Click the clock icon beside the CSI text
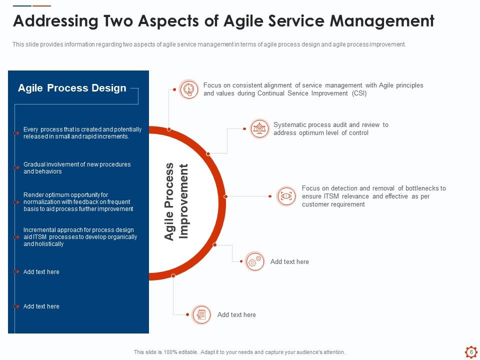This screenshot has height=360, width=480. [x=188, y=89]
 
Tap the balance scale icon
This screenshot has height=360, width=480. [x=259, y=128]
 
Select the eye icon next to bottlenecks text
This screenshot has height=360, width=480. [x=286, y=196]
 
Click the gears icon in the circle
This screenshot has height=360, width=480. [x=254, y=261]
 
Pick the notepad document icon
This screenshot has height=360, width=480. [x=201, y=314]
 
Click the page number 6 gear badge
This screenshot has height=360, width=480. [x=471, y=352]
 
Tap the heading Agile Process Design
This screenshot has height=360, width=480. [x=72, y=88]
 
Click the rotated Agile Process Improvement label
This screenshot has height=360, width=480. [x=176, y=201]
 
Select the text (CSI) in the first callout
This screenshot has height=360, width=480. [x=359, y=93]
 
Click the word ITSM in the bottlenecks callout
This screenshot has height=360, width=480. [x=331, y=196]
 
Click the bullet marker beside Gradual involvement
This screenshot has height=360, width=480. [x=16, y=168]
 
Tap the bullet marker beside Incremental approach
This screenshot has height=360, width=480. [x=16, y=237]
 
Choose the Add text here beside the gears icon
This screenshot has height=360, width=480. [x=289, y=261]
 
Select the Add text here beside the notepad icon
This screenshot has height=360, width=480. [x=236, y=314]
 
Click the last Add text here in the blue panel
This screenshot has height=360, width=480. [x=41, y=306]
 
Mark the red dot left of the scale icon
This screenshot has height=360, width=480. [x=244, y=128]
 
